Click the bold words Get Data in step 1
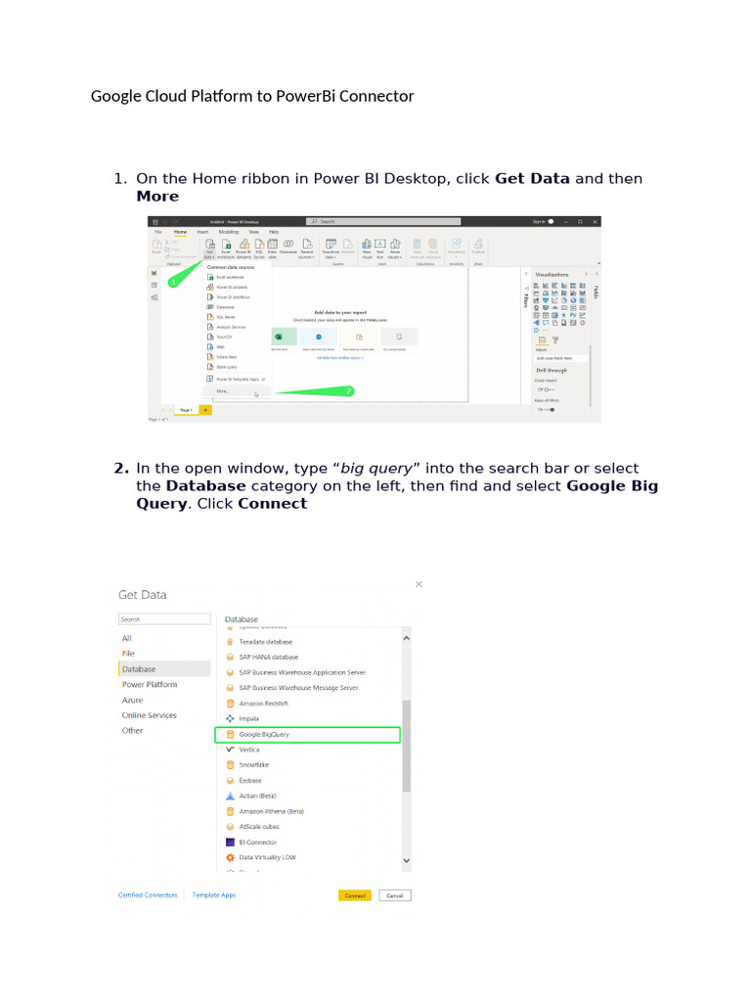tap(532, 178)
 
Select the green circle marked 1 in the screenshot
tap(173, 282)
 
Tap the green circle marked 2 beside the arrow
tap(349, 390)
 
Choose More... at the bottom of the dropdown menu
tap(223, 390)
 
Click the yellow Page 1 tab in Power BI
tap(186, 410)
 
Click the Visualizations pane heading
tap(552, 274)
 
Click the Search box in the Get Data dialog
tap(164, 619)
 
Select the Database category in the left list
tap(139, 669)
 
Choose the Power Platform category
tap(150, 685)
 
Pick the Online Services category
tap(150, 715)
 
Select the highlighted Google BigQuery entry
tap(264, 734)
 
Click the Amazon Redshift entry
tap(264, 704)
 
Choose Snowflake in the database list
tap(254, 764)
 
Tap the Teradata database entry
tap(265, 642)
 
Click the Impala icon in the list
tap(230, 718)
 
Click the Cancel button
tap(395, 895)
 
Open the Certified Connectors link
tap(148, 895)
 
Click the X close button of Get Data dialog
tap(420, 584)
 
